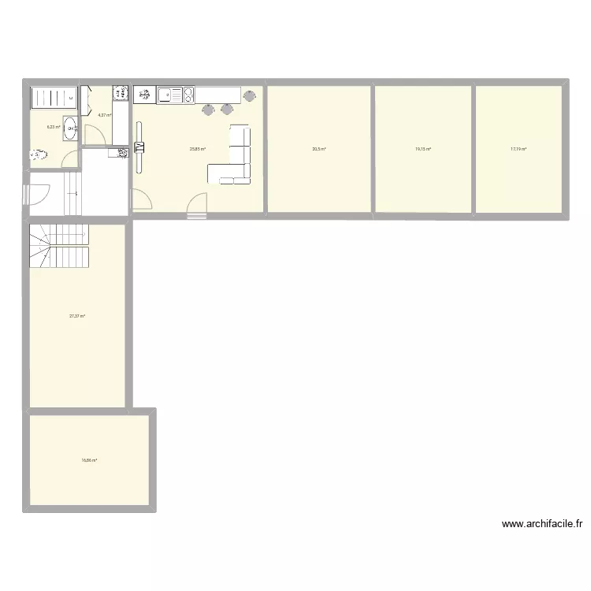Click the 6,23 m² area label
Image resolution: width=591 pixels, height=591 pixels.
[x=54, y=126]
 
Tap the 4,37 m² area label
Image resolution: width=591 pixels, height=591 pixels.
[x=104, y=114]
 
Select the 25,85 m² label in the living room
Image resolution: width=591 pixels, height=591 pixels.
[x=198, y=148]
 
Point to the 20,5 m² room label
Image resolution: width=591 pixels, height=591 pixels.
[x=318, y=148]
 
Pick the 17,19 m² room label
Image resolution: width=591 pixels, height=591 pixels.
[x=519, y=148]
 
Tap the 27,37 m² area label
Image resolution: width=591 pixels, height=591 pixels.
[x=77, y=316]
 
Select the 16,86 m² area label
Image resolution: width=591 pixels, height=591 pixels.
[x=89, y=461]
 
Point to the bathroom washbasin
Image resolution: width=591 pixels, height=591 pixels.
[x=70, y=128]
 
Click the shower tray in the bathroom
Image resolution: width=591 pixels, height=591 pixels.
[x=52, y=97]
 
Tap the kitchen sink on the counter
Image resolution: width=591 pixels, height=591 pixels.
[x=167, y=95]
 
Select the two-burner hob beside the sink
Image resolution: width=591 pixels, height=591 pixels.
[x=188, y=95]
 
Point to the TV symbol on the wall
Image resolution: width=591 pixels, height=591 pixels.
[x=140, y=147]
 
